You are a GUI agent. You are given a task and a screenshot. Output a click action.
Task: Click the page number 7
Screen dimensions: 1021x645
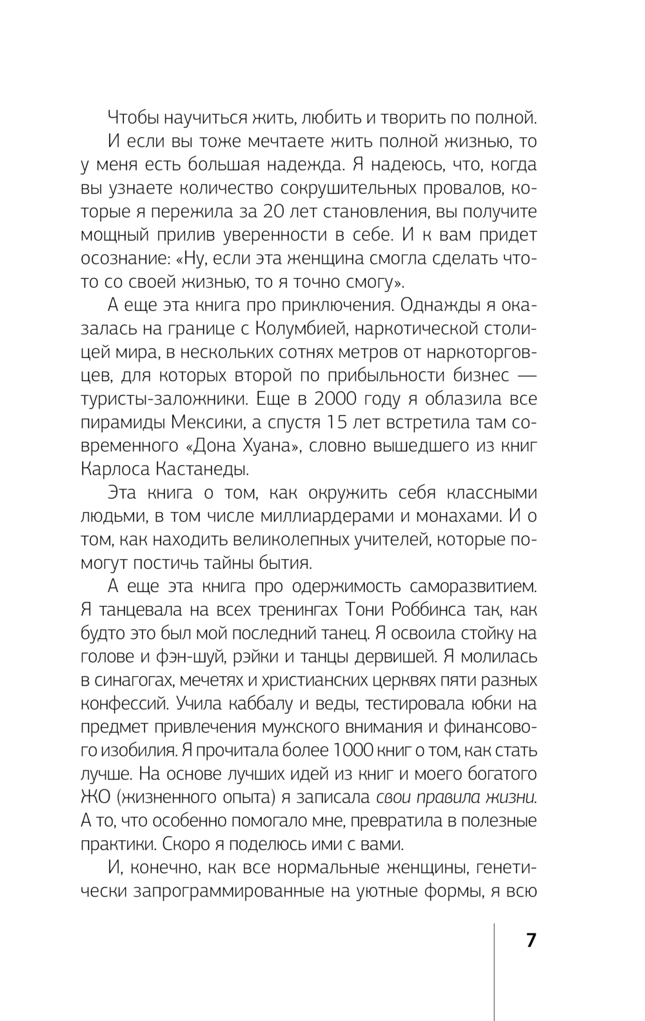click(531, 940)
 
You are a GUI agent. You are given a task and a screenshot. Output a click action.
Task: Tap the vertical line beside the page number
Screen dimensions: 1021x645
click(495, 967)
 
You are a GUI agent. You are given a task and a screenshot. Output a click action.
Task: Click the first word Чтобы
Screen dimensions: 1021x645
click(134, 118)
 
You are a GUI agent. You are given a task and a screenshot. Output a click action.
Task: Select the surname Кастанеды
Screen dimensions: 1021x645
click(197, 469)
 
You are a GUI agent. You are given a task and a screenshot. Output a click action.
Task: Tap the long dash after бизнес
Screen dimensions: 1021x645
click(523, 375)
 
